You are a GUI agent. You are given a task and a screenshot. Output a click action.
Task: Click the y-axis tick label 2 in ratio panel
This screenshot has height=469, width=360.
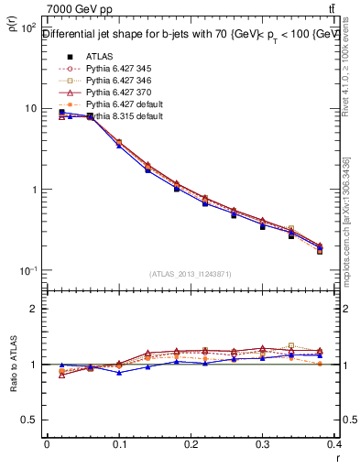35,309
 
